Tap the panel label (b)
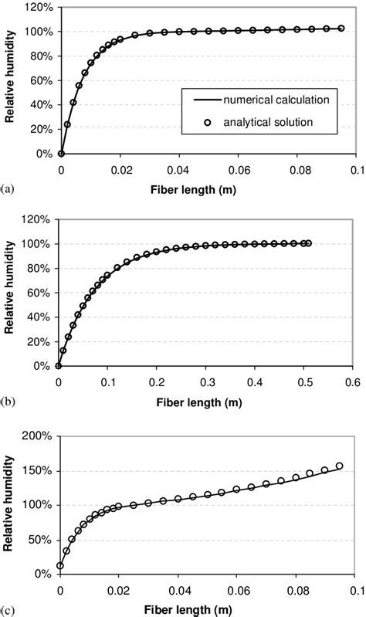(8, 402)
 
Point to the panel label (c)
(8, 609)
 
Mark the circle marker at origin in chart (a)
(62, 154)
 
